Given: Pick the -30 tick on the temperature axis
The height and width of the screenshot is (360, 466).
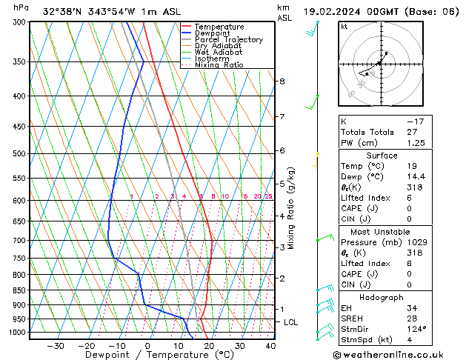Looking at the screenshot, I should click(x=55, y=346).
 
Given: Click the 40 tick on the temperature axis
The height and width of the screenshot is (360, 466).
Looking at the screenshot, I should click(x=270, y=346).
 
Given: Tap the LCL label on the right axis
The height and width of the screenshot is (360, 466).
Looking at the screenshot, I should click(x=291, y=322).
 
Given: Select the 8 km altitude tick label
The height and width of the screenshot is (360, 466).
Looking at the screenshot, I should click(x=282, y=81).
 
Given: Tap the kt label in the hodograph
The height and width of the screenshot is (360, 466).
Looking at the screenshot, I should click(x=344, y=27).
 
